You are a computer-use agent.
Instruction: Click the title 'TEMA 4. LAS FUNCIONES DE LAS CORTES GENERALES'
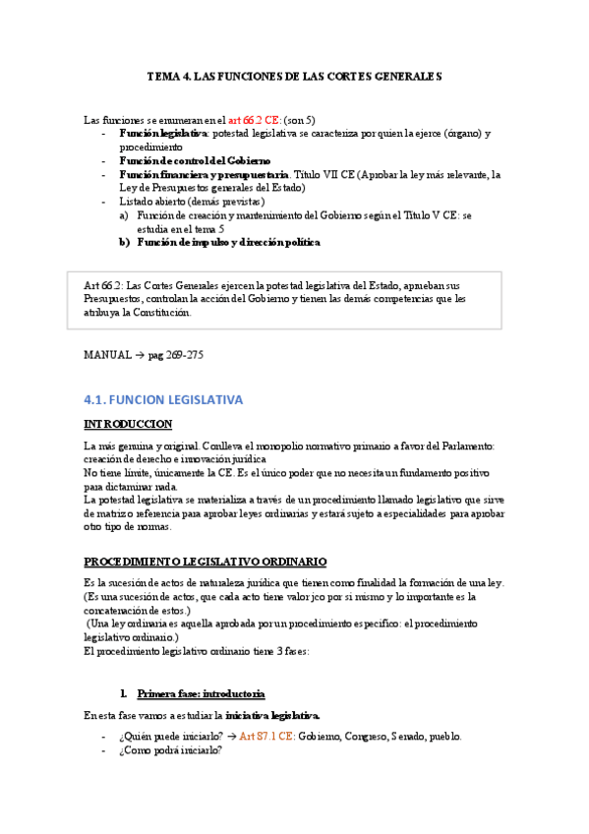point(295,75)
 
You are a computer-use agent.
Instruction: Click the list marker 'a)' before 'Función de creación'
point(124,214)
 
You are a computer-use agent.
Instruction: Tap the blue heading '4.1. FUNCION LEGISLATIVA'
point(163,400)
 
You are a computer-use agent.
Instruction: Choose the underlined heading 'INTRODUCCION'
point(128,424)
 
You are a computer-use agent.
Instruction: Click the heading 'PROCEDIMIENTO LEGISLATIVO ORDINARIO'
point(206,562)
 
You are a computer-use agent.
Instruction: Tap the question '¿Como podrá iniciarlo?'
point(171,751)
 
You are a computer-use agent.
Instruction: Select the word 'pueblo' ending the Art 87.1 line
point(442,736)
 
